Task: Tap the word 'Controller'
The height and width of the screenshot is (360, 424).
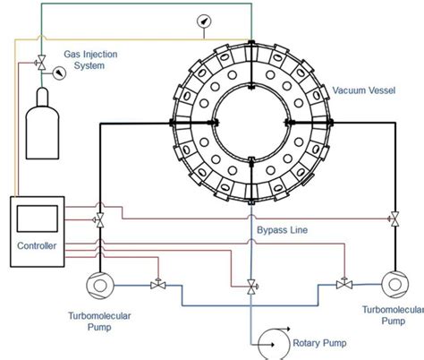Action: pos(37,245)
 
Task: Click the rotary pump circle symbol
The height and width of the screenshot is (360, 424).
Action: pos(270,341)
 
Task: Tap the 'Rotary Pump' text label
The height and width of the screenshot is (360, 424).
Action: pos(320,342)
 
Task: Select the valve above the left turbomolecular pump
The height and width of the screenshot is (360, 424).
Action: pos(99,219)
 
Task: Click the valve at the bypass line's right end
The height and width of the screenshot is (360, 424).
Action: pos(394,218)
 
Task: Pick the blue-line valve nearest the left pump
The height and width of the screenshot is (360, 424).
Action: pos(157,285)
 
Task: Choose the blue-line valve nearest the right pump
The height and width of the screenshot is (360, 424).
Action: pos(342,285)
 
